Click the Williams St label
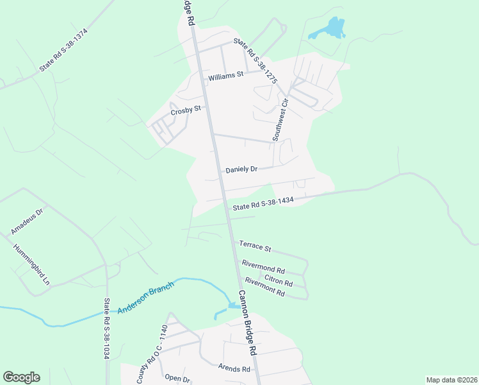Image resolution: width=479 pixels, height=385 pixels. (226, 75)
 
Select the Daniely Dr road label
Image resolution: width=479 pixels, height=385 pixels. (241, 170)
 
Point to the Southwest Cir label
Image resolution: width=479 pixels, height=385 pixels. (280, 119)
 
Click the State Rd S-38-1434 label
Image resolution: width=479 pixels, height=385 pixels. (263, 203)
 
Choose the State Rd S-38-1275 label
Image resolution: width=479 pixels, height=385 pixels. (255, 62)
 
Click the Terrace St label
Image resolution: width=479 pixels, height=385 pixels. (256, 246)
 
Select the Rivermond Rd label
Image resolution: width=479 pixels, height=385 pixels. (263, 266)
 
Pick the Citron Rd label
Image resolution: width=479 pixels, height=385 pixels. (279, 280)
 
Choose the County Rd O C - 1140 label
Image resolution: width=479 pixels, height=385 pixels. (152, 355)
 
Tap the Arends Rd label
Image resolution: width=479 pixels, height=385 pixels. (233, 369)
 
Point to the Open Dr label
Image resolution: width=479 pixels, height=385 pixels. (177, 379)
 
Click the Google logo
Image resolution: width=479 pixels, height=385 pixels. (21, 377)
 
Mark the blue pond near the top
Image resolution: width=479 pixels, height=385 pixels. (331, 28)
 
